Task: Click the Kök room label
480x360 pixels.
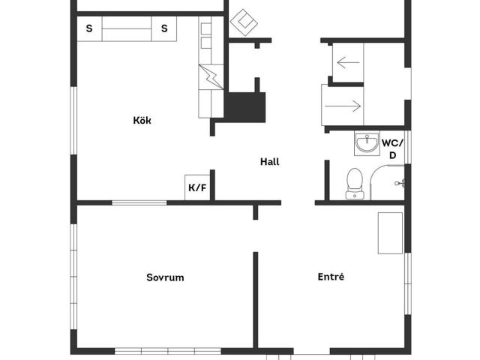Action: coord(142,120)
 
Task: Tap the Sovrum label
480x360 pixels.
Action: coord(165,277)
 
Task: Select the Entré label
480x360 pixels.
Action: coord(331,277)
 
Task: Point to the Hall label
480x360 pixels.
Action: coord(270,162)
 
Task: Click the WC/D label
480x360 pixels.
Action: coord(392,149)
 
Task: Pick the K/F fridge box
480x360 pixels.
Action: coord(197,187)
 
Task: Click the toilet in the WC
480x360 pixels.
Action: coord(355,183)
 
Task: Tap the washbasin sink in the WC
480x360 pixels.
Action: coord(367,143)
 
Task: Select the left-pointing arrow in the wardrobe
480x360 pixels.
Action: coord(348,62)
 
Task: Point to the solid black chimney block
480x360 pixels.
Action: coord(245,107)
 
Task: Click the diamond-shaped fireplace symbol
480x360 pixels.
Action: coord(244,22)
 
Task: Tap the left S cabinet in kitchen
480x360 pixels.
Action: coord(89,28)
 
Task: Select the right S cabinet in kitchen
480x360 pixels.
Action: coord(164,28)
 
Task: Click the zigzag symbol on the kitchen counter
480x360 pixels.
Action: coord(211,76)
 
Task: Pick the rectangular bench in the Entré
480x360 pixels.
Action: coord(390,233)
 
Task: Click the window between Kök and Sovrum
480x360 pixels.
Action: coord(139,202)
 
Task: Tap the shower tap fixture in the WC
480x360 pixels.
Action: coord(400,183)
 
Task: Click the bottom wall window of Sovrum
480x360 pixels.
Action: coord(168,351)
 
